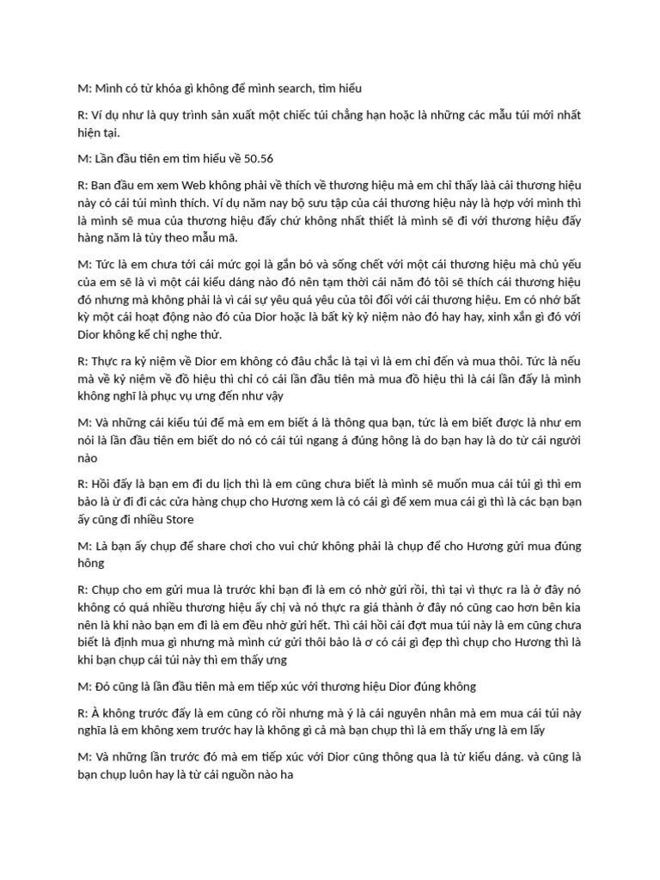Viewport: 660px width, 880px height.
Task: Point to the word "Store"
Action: (177, 519)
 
